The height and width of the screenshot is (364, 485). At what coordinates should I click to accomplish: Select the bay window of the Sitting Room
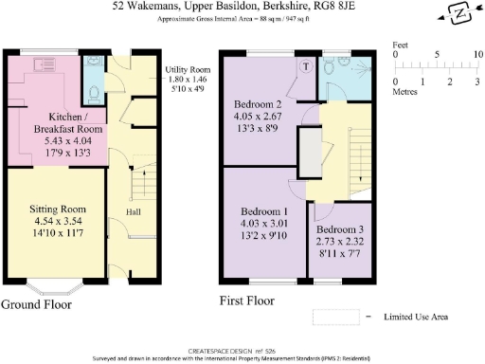coord(52,284)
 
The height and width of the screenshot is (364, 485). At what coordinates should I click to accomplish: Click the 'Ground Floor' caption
coord(38,303)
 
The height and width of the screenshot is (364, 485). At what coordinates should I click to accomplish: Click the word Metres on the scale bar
coord(407,93)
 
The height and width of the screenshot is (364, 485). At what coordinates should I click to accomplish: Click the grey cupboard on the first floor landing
coord(310,149)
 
